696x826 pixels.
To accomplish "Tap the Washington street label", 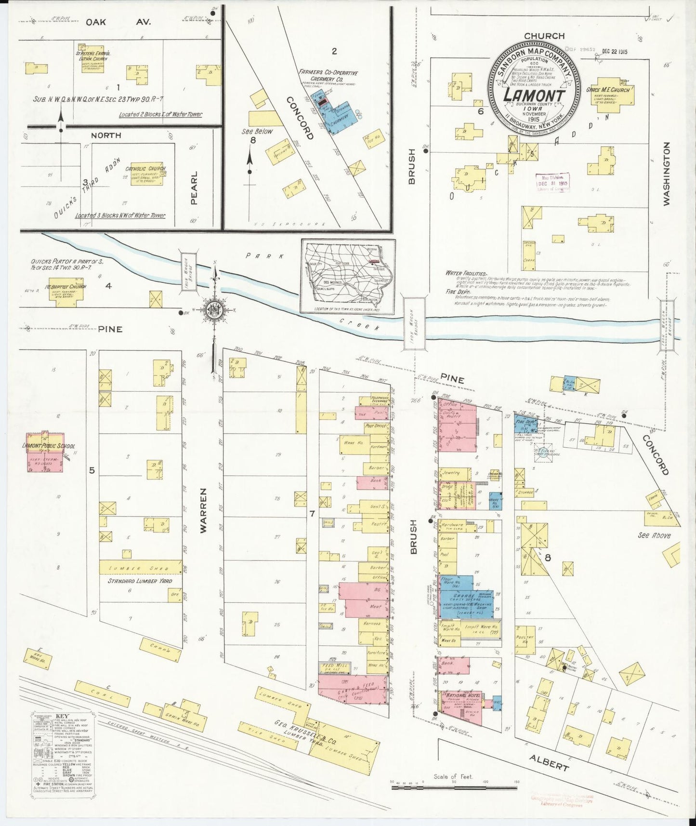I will click(x=667, y=174).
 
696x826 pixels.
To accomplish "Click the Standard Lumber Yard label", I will click(x=140, y=581).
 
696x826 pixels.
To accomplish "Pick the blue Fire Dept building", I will click(x=522, y=422).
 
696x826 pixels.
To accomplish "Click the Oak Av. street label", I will click(x=118, y=22).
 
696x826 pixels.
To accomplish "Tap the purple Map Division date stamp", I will click(x=553, y=183).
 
